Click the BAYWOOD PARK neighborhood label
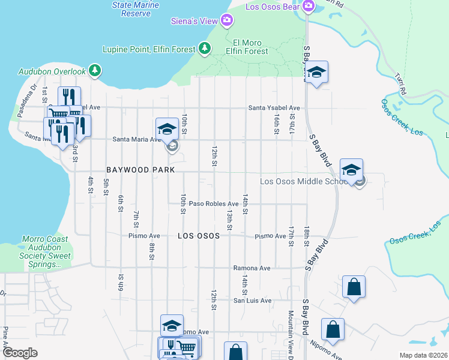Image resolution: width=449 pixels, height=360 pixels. (140, 170)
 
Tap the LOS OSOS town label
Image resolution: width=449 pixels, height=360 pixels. (198, 236)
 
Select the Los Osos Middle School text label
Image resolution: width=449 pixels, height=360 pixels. (303, 182)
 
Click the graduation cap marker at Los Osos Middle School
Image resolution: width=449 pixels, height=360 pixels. (351, 169)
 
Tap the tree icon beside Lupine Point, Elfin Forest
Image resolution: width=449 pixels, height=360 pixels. (205, 48)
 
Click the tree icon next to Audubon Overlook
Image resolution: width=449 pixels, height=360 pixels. (94, 71)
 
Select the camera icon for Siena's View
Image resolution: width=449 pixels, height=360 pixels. (226, 21)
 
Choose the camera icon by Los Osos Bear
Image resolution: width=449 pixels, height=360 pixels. (309, 7)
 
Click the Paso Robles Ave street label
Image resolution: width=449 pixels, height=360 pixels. (214, 204)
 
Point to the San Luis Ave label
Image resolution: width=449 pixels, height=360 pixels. (252, 301)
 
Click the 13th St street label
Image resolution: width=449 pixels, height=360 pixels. (229, 220)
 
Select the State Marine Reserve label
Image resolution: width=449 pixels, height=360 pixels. (131, 9)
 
